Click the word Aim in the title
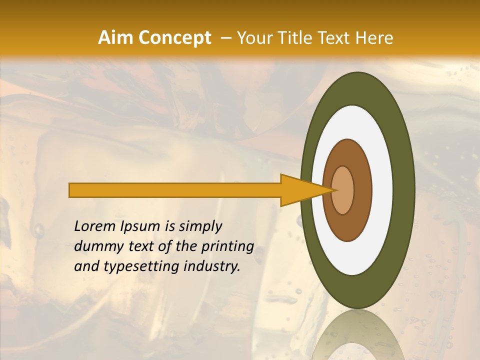click(115, 38)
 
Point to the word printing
click(227, 247)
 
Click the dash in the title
click(226, 38)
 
